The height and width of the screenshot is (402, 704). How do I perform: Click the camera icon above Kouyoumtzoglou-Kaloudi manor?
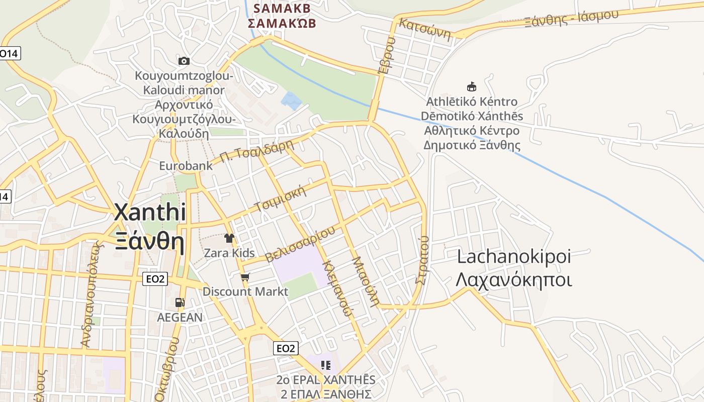click(184, 61)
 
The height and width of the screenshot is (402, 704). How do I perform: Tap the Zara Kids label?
click(229, 253)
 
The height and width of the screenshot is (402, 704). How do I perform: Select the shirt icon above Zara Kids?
click(230, 238)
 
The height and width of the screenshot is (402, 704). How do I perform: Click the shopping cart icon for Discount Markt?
click(245, 277)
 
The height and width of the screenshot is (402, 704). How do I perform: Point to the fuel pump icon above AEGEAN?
click(180, 303)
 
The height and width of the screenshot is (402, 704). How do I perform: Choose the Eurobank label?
click(186, 165)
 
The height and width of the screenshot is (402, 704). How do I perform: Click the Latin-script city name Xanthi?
click(150, 212)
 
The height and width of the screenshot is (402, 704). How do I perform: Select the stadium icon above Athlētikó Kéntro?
click(472, 86)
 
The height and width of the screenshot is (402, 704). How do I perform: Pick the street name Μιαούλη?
click(365, 281)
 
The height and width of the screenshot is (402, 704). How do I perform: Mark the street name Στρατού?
click(422, 260)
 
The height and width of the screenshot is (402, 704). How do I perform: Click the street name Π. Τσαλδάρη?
click(256, 150)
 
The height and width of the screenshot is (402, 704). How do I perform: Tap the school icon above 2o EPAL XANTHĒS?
click(326, 365)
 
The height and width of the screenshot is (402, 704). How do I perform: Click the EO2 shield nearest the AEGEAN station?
click(155, 279)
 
